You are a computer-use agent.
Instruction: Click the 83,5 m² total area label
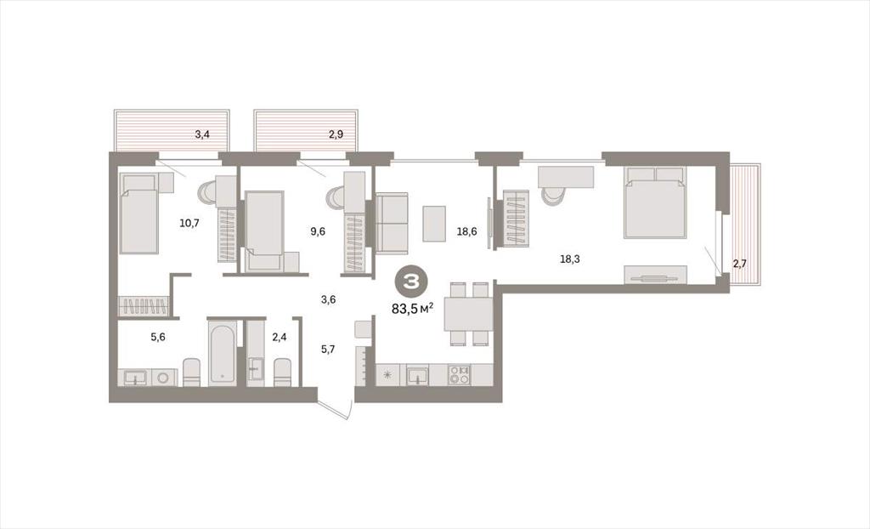click(412, 309)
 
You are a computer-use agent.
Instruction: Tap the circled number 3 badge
click(410, 282)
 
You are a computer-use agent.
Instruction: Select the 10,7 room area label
click(189, 224)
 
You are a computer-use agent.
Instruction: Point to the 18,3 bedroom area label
click(570, 259)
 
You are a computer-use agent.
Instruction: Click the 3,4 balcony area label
click(202, 134)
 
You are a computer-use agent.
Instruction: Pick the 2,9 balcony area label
click(336, 134)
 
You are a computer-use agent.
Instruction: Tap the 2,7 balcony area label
click(740, 264)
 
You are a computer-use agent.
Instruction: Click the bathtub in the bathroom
click(222, 352)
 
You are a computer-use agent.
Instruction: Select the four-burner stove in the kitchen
click(460, 374)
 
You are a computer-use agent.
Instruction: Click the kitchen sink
click(417, 376)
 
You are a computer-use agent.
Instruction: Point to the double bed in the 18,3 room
click(655, 202)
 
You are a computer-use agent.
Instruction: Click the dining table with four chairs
click(468, 314)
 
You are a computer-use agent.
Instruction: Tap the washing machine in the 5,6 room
click(164, 378)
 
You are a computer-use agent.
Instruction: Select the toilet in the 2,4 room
click(282, 373)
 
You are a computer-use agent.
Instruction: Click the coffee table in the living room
click(434, 224)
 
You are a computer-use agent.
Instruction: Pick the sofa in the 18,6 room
click(392, 223)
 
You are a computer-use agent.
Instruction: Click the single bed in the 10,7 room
click(138, 213)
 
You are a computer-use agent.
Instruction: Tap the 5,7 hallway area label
click(328, 350)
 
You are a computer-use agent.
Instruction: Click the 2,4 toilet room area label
click(279, 337)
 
